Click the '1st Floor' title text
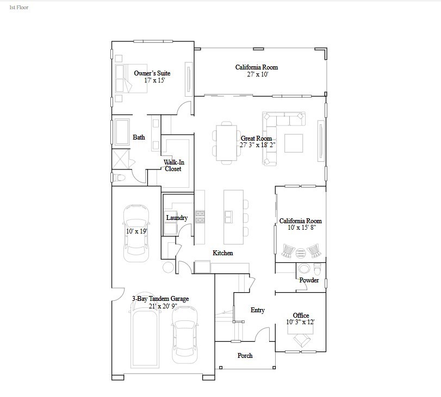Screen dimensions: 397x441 click(x=19, y=8)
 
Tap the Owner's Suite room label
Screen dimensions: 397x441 click(x=152, y=73)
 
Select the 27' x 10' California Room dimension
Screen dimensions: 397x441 click(x=257, y=74)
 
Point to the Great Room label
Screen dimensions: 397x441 click(x=257, y=138)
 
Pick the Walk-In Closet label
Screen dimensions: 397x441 click(x=173, y=165)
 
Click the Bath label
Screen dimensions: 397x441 click(x=139, y=137)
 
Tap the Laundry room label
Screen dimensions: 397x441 click(x=177, y=218)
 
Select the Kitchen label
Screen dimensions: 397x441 click(x=223, y=253)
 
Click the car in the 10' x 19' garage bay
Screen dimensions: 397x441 click(x=135, y=233)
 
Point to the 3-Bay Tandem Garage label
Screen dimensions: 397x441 click(x=160, y=299)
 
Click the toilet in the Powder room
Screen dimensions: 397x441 click(x=316, y=268)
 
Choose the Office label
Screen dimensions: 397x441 click(x=301, y=315)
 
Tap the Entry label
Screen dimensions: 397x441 click(x=257, y=310)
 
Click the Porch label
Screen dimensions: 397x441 click(x=245, y=356)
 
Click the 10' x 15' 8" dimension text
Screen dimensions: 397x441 click(x=300, y=228)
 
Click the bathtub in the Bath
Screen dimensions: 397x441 click(x=121, y=132)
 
